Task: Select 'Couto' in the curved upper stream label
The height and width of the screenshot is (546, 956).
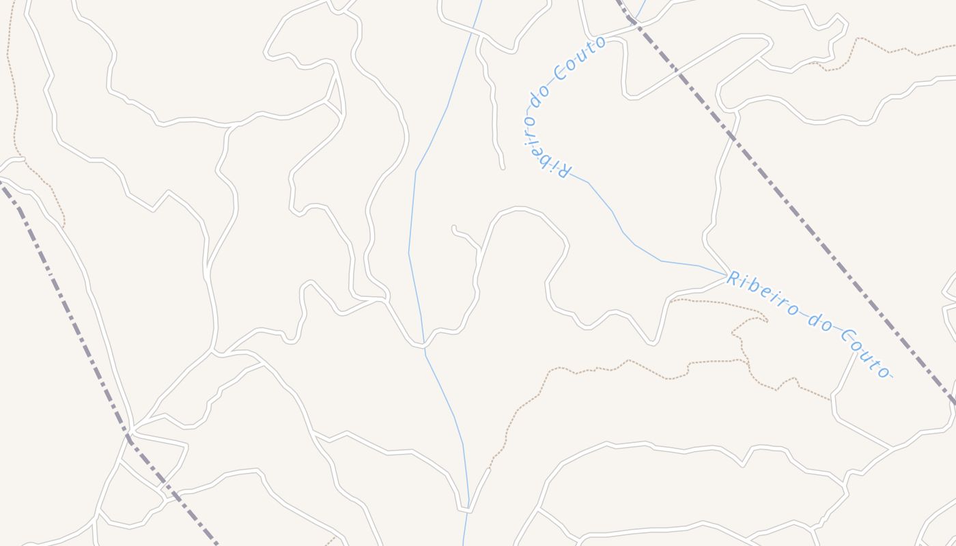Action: point(579,57)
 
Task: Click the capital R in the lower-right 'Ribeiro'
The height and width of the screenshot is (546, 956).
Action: point(733,278)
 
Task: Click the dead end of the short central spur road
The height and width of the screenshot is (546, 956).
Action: point(453,227)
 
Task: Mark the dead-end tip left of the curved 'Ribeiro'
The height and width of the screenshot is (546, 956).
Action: point(503,167)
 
